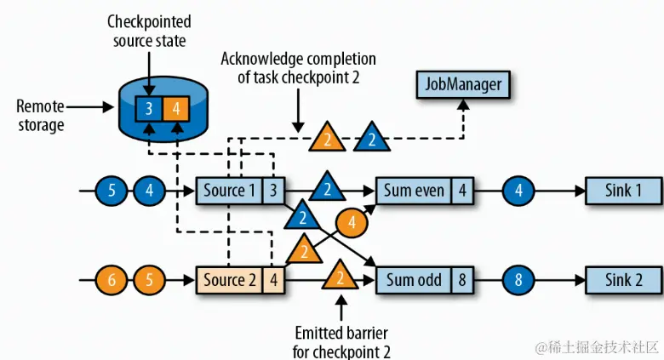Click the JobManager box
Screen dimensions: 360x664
(x=460, y=84)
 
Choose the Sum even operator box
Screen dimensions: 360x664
(x=414, y=190)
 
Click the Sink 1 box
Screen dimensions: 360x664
(x=623, y=190)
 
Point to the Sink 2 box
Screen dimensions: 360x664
(x=623, y=279)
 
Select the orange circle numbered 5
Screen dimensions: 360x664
(x=149, y=279)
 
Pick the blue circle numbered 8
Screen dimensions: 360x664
(x=519, y=279)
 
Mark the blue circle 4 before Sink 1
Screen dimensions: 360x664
(x=519, y=190)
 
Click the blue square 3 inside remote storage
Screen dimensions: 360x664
(x=148, y=109)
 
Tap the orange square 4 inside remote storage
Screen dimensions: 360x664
(x=175, y=109)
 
